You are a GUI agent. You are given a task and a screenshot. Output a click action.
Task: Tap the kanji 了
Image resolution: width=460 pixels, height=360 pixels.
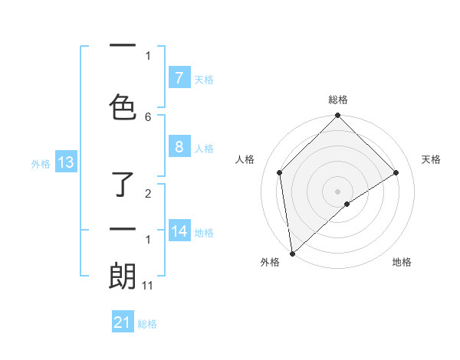coord(122,185)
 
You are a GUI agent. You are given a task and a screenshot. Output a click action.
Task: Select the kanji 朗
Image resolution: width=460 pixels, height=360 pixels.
coord(122,277)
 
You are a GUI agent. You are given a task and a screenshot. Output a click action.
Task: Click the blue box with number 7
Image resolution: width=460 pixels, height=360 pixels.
coord(179,78)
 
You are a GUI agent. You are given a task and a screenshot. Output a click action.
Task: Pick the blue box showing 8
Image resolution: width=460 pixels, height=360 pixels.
coord(179,147)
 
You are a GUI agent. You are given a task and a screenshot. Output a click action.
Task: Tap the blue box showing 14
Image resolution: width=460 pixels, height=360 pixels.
coord(180,231)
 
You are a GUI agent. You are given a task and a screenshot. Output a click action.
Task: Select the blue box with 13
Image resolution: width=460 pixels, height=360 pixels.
coord(65,162)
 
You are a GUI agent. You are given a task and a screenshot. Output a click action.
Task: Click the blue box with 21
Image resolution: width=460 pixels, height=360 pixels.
coord(123,322)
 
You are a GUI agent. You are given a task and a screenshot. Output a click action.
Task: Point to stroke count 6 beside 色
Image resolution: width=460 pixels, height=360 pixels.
coord(148,116)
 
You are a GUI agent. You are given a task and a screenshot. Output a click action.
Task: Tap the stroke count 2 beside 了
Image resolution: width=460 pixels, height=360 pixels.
coord(148,194)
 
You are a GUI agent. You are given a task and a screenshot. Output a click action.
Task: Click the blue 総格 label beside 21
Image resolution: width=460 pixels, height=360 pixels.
coord(148,324)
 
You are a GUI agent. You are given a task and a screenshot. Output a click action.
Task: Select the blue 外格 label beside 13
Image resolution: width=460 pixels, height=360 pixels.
coord(41,163)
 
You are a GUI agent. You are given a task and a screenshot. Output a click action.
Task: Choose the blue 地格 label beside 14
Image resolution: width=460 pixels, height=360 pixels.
coord(205,232)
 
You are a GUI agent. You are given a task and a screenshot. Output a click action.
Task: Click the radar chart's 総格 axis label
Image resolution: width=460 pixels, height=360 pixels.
coord(338,100)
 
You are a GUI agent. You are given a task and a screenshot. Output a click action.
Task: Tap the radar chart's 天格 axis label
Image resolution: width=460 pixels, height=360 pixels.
coord(432,159)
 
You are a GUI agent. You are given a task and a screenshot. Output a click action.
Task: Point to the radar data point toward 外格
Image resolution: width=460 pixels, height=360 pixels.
coord(291,254)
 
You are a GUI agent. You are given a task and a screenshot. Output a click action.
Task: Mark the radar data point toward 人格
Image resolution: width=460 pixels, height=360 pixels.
coord(280,172)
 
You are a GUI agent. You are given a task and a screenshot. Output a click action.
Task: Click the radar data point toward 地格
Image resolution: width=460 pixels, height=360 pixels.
coord(347,204)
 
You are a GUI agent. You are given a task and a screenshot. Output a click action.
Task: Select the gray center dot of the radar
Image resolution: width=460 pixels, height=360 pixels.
coord(338,191)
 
